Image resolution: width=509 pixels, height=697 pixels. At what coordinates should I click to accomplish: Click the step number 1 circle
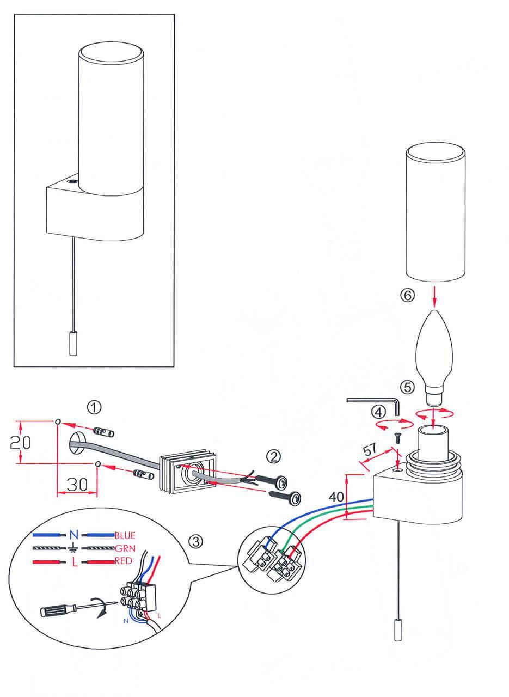[x=95, y=407]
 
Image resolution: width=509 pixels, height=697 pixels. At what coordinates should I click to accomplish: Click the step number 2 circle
[x=273, y=455]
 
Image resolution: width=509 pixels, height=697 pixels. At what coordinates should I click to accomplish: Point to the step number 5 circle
[x=407, y=387]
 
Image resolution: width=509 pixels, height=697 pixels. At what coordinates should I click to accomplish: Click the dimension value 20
[x=20, y=442]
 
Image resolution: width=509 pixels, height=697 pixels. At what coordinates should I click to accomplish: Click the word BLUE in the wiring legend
[x=125, y=535]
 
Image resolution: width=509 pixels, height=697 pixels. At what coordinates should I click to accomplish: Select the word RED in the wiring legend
[x=124, y=561]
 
